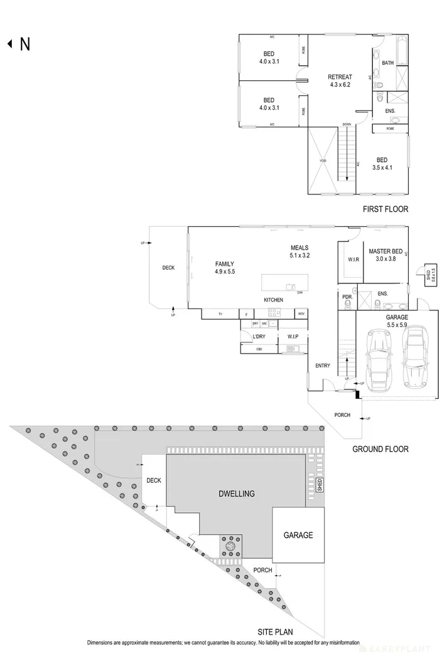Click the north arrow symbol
pyautogui.click(x=10, y=44)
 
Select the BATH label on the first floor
pyautogui.click(x=387, y=63)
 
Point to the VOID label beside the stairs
pyautogui.click(x=323, y=161)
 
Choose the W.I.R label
pyautogui.click(x=353, y=259)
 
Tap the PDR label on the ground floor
pyautogui.click(x=346, y=296)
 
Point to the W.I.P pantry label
pyautogui.click(x=292, y=336)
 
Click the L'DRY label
pyautogui.click(x=258, y=336)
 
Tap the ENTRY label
pyautogui.click(x=323, y=366)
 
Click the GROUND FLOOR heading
pyautogui.click(x=380, y=449)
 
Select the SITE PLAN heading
pyautogui.click(x=275, y=631)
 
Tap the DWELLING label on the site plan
pyautogui.click(x=237, y=493)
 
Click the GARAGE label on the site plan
pyautogui.click(x=298, y=535)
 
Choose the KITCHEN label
pyautogui.click(x=273, y=300)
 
